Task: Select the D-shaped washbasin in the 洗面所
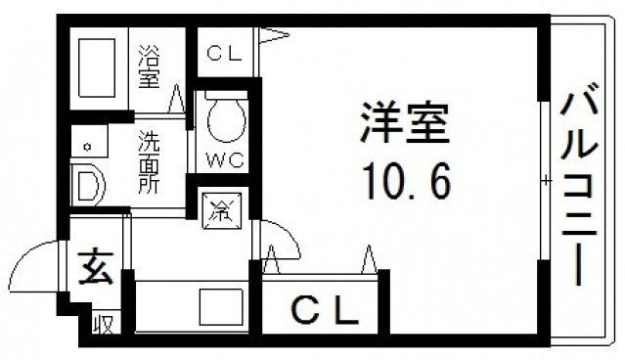[x=87, y=184]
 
